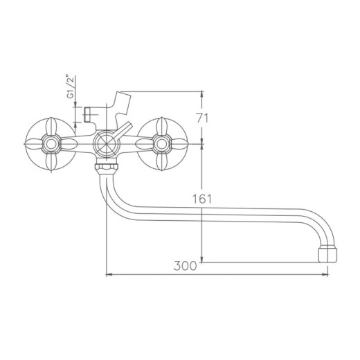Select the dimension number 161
click(201, 199)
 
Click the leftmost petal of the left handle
click(33, 143)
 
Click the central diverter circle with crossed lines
click(106, 143)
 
